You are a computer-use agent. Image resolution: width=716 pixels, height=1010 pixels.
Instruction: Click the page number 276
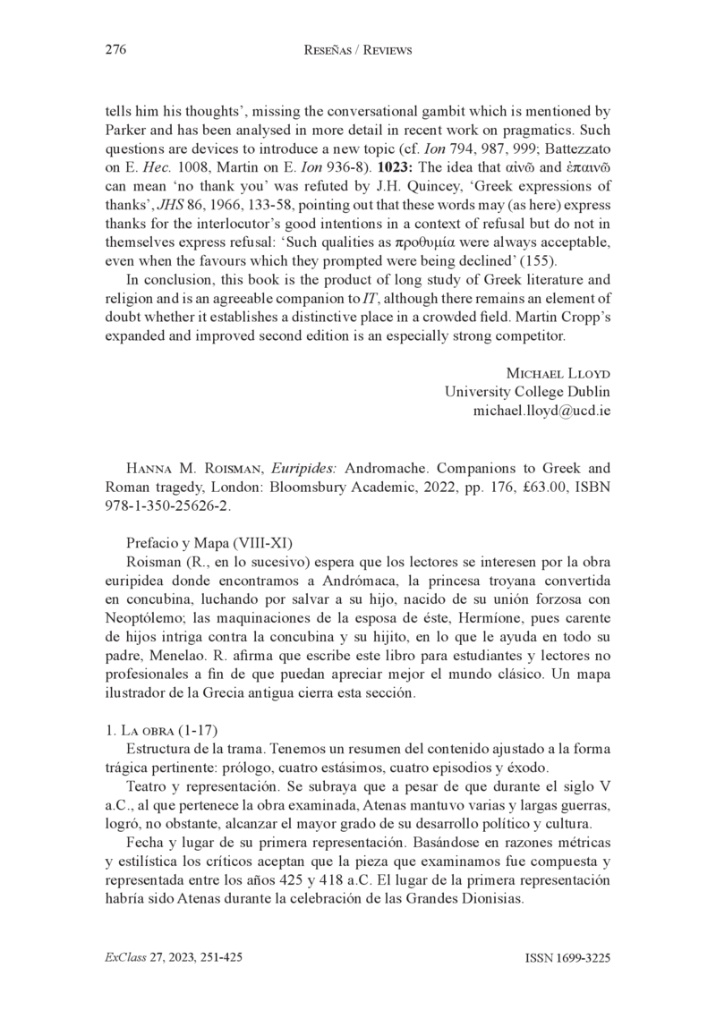click(x=115, y=50)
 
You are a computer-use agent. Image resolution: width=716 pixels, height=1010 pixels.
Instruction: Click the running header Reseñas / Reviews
click(x=358, y=51)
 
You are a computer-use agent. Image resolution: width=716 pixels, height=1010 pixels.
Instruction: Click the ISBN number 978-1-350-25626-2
click(x=168, y=505)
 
